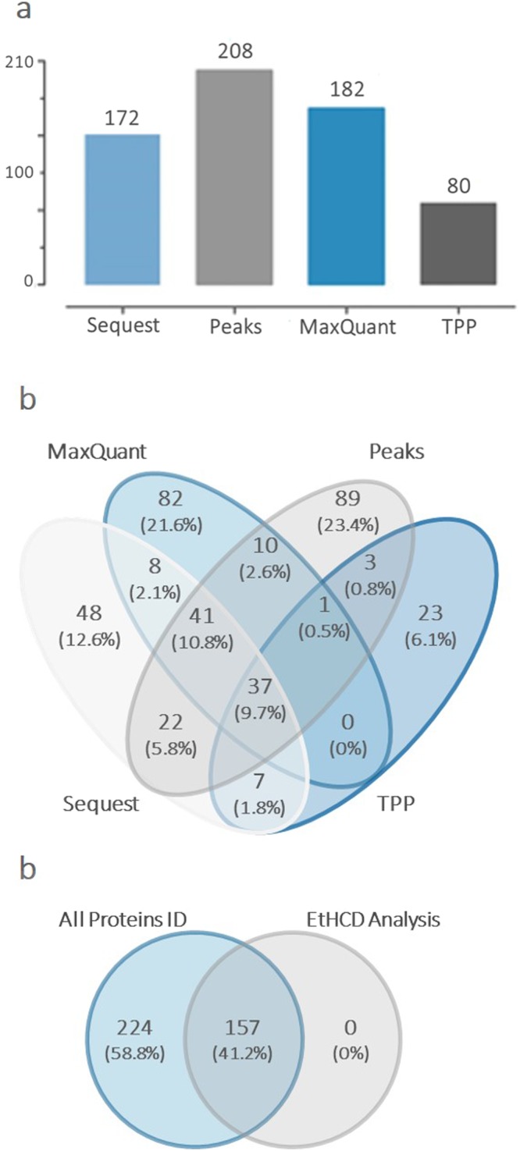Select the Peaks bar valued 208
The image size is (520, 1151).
pyautogui.click(x=234, y=177)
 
